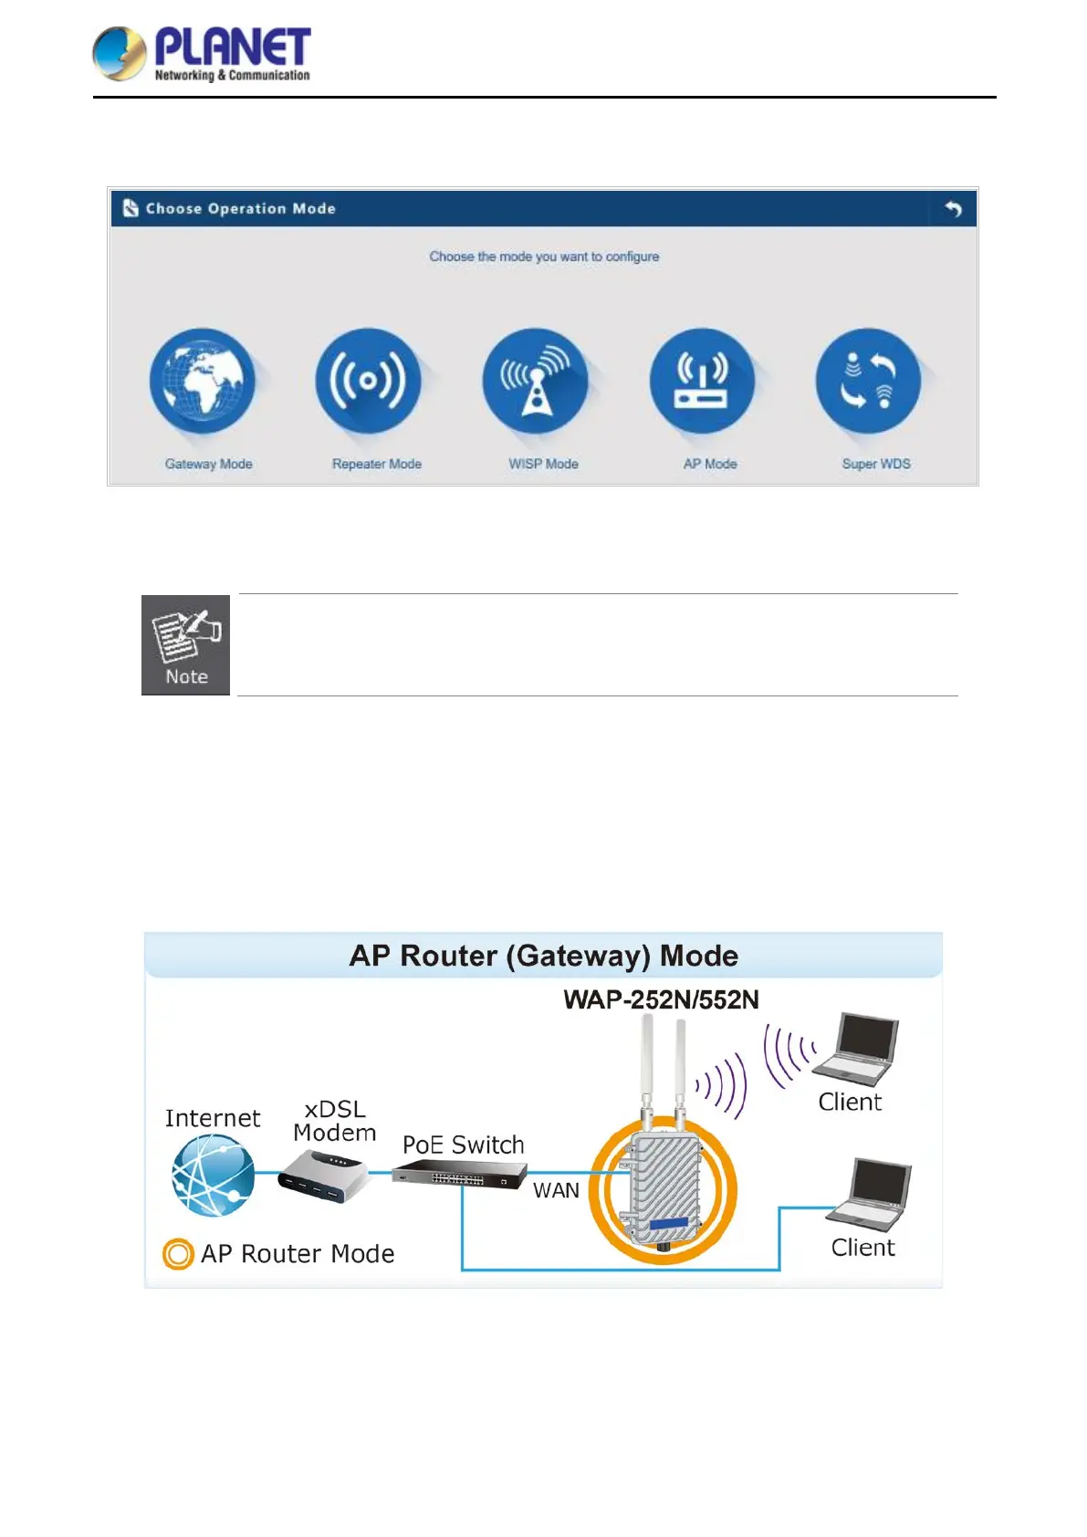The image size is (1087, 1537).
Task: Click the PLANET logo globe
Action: [120, 54]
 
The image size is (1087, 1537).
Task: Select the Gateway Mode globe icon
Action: [203, 381]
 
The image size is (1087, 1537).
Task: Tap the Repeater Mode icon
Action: [369, 381]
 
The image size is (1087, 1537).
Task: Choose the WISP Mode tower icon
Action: [536, 381]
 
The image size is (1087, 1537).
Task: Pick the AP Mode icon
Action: [702, 381]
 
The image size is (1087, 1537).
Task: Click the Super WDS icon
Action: [868, 381]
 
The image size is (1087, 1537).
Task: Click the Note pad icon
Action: [186, 644]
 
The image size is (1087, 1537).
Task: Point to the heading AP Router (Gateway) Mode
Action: [544, 956]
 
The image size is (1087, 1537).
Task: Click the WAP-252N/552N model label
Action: [661, 1000]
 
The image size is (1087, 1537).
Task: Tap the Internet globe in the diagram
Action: [214, 1175]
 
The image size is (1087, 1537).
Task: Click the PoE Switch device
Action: [459, 1175]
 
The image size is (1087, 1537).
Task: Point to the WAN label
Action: [556, 1190]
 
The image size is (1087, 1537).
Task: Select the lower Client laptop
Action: [869, 1195]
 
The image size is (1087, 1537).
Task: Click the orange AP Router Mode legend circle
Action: [178, 1254]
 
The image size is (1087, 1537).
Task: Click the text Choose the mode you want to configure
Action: [544, 256]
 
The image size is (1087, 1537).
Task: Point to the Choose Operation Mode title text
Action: [241, 209]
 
